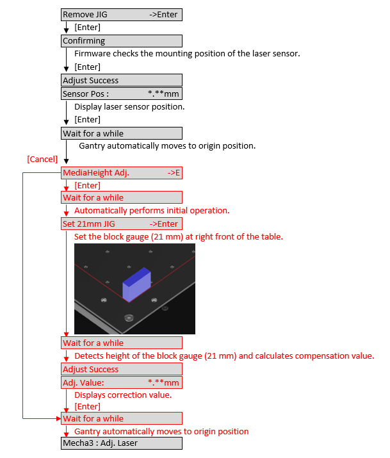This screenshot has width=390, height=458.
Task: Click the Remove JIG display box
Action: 122,15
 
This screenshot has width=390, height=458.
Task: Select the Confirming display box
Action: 122,41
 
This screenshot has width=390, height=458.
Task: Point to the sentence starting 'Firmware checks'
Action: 187,54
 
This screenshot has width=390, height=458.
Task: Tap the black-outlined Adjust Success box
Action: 122,80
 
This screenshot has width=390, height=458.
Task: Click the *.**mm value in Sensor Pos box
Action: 163,94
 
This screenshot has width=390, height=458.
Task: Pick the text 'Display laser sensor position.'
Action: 129,106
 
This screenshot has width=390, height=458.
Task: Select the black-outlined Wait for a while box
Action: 122,133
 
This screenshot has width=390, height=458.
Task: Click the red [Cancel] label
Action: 42,159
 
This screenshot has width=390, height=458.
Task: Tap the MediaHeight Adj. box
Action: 122,173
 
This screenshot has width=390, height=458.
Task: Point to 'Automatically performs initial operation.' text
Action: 152,210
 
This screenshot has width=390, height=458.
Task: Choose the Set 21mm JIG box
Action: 122,224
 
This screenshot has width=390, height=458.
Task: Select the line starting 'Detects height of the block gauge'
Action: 224,356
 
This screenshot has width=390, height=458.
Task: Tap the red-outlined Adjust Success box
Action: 122,369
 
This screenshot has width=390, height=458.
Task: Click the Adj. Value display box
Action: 122,382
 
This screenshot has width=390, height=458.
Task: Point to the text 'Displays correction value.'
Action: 123,395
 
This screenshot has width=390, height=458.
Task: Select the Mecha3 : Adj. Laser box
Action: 122,443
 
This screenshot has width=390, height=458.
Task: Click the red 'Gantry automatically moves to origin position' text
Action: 161,431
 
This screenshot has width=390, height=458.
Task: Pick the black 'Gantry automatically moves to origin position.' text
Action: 167,146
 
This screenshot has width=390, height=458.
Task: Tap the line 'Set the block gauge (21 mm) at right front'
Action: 179,236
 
